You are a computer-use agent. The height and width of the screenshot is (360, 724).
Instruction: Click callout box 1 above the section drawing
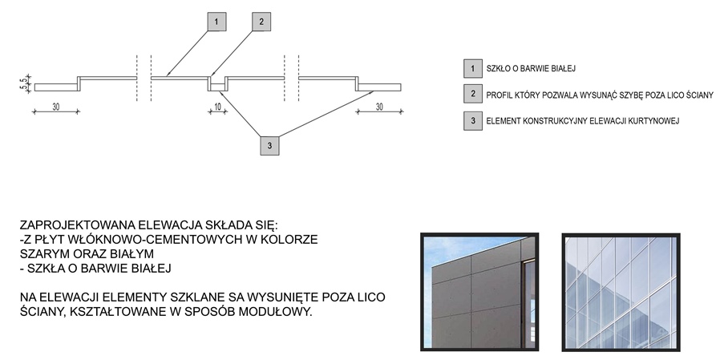click(216, 22)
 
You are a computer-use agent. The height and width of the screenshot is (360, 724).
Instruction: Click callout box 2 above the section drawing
click(261, 22)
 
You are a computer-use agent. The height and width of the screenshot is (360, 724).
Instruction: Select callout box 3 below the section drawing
click(269, 146)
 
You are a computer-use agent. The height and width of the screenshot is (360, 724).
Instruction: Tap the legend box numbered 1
click(473, 69)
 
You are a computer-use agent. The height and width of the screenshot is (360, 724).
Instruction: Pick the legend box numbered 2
click(473, 94)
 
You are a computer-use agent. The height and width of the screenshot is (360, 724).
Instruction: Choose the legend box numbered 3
click(473, 121)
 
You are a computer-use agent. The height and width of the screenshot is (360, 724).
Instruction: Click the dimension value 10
click(217, 107)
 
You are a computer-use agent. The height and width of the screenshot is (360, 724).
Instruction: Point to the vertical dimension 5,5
click(23, 83)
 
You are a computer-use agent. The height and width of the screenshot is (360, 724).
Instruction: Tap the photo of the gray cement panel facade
click(479, 292)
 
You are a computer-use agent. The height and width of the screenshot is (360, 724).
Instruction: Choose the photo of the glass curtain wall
click(621, 292)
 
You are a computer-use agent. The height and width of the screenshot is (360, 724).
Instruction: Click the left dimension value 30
click(56, 107)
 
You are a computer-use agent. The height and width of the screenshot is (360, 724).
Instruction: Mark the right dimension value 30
click(379, 107)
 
